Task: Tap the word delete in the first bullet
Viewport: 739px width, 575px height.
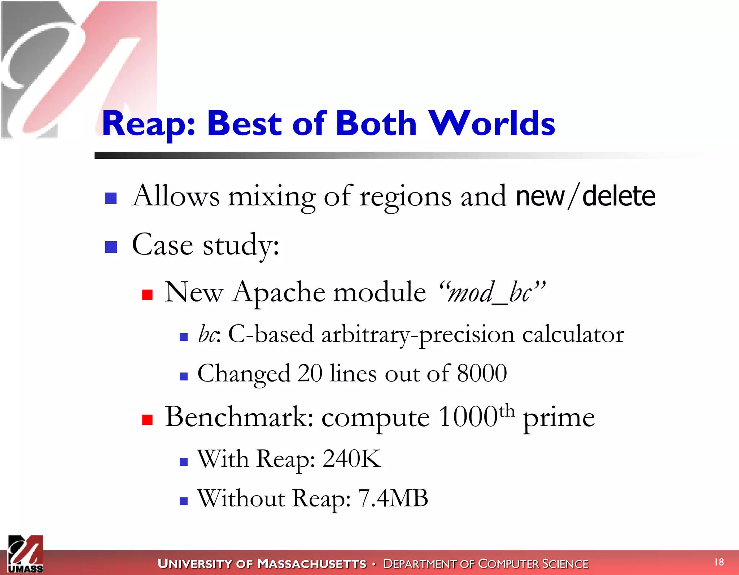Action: pos(618,196)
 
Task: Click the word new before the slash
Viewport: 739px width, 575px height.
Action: pos(540,196)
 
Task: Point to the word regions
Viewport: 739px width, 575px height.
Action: pos(405,197)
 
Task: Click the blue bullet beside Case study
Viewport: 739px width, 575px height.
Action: pos(111,247)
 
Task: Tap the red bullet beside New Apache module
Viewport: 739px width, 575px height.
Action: pos(147,295)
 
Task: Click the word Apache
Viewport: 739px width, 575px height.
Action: pos(279,292)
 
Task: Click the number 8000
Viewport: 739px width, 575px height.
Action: pos(482,373)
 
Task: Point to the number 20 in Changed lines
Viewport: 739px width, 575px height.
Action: pos(310,373)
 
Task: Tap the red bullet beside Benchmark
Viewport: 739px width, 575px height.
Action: pos(147,419)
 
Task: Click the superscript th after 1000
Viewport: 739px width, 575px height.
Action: pos(507,410)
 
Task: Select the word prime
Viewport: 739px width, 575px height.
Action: pos(559,418)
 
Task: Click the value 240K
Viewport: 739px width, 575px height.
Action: pos(351,459)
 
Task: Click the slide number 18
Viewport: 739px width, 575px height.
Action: pos(719,562)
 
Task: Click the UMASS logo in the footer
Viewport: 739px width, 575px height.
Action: pos(26,554)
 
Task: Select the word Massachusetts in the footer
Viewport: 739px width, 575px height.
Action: pos(312,563)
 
